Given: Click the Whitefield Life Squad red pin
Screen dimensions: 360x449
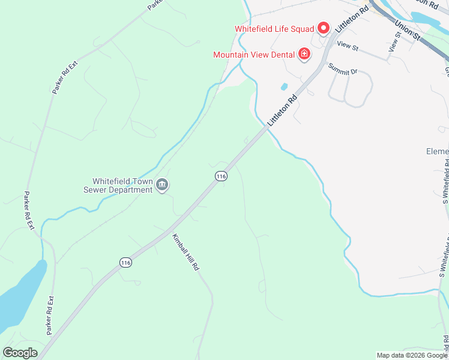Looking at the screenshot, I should (x=324, y=28).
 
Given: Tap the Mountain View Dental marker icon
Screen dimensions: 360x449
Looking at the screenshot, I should (x=304, y=55).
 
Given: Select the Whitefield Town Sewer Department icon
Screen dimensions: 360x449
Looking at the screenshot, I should (x=161, y=185).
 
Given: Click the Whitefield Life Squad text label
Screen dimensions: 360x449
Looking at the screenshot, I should (x=274, y=28).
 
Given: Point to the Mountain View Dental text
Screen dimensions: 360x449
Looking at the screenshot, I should (x=254, y=55).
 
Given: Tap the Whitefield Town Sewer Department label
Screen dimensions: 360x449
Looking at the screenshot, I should (x=122, y=185).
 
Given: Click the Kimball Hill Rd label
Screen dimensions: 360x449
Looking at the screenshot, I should (x=185, y=251).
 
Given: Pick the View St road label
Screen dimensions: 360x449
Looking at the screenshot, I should (x=348, y=45).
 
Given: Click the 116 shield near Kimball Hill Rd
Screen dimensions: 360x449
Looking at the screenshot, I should (x=221, y=176).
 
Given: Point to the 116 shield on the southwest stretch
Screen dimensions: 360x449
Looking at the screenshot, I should (x=125, y=263).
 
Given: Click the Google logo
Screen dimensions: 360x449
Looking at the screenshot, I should (x=20, y=352).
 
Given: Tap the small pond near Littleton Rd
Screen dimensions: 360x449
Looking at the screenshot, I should (x=283, y=86).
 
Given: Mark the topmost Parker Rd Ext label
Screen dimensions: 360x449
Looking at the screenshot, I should (x=65, y=76).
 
